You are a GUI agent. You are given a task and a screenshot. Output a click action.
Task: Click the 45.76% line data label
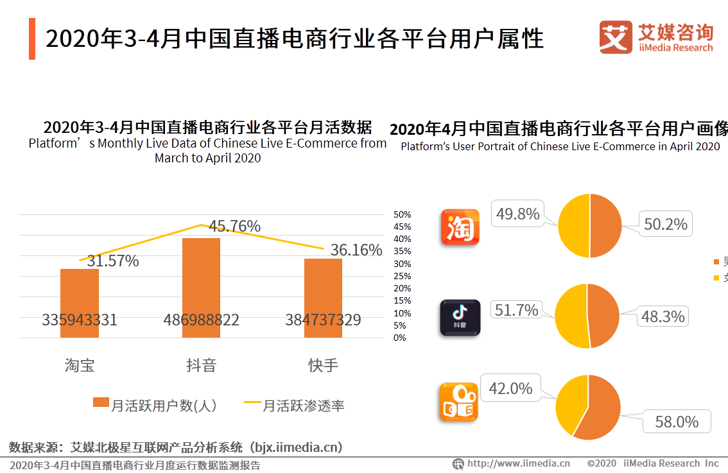tap(234, 227)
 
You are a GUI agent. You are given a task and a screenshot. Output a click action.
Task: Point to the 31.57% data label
tap(113, 261)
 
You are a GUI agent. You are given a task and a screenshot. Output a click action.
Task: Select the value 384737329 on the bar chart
tap(323, 320)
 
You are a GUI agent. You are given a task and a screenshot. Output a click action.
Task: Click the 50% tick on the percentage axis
tap(402, 214)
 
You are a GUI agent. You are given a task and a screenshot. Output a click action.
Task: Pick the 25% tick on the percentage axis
tap(402, 276)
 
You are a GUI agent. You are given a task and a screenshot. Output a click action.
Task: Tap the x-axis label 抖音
tap(201, 365)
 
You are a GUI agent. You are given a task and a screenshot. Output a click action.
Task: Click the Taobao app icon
tap(460, 227)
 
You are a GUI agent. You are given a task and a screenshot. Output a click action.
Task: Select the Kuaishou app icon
tap(460, 402)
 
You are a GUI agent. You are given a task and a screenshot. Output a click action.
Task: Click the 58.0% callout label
tap(676, 422)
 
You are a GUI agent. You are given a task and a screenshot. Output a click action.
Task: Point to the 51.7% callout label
tap(516, 311)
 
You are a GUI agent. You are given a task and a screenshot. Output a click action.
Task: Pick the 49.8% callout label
tap(517, 214)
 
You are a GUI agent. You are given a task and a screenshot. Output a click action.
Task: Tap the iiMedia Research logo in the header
tap(656, 37)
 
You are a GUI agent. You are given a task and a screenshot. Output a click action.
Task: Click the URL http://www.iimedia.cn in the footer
tap(518, 463)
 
